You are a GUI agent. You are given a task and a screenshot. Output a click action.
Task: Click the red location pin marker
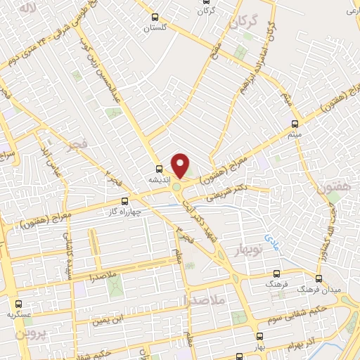(x=181, y=166)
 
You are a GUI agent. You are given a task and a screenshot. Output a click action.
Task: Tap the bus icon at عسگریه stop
(x=18, y=304)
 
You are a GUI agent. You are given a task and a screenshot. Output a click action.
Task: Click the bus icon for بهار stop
(x=259, y=335)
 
